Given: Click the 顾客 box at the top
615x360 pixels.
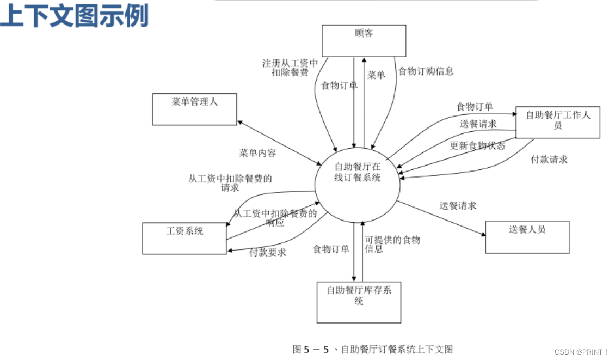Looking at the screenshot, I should click(364, 41).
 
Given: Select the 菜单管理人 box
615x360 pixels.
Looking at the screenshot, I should click(194, 109).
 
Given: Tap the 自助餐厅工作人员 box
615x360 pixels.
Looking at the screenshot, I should click(557, 122).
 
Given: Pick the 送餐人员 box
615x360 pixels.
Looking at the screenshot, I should click(527, 237).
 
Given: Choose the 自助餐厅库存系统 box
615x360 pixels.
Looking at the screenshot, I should click(359, 302).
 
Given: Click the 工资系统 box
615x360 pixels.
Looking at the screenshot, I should click(184, 238).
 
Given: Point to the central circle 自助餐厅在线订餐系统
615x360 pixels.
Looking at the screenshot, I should click(358, 180).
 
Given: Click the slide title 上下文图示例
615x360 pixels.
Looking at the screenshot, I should click(75, 16).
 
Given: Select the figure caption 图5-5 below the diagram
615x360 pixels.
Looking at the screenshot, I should click(372, 350).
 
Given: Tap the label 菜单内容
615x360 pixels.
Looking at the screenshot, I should click(257, 153).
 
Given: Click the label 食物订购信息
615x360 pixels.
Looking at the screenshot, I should click(426, 71).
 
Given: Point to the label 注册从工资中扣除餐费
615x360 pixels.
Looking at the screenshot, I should click(290, 68).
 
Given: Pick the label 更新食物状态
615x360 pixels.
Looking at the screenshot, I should click(477, 146).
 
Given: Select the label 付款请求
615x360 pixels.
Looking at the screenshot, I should click(549, 160).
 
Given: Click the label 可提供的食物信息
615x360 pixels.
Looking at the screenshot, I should click(392, 244).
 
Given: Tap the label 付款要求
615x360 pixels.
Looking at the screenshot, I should click(268, 252).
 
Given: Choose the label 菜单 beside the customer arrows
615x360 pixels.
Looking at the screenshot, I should click(376, 75).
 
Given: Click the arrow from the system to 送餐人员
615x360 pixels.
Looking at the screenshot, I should click(441, 218).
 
